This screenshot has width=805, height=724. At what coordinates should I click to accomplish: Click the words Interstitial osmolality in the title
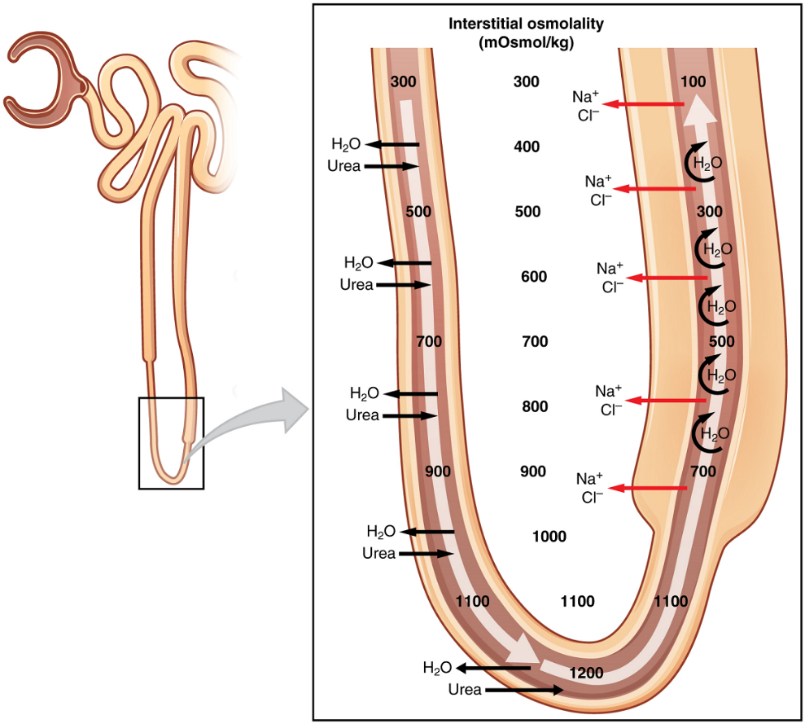(x=527, y=24)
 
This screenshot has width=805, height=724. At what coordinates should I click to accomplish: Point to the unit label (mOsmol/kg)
(x=527, y=43)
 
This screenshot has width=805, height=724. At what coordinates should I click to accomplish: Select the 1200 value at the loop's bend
(x=586, y=673)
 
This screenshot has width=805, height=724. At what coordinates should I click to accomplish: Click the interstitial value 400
(x=527, y=147)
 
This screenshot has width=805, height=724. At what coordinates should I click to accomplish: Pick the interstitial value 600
(x=533, y=277)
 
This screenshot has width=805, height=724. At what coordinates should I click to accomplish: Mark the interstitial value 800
(x=534, y=406)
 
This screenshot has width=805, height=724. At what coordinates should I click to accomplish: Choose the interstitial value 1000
(x=549, y=537)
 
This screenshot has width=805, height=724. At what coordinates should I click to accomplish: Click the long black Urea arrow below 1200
(x=524, y=690)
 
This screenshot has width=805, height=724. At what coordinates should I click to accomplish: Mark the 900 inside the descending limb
(x=437, y=472)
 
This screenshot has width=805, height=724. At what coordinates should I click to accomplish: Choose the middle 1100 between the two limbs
(x=578, y=602)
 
